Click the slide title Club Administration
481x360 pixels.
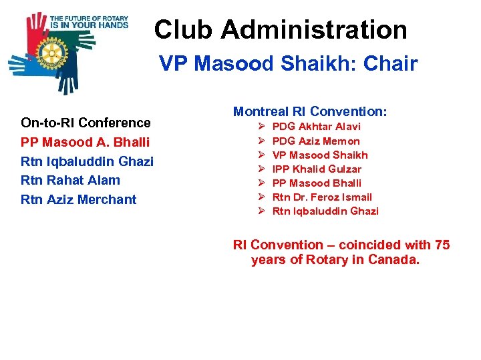(x=281, y=30)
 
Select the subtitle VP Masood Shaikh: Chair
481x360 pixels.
(x=288, y=64)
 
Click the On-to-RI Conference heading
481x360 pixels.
(x=86, y=123)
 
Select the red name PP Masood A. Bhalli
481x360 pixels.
(x=86, y=142)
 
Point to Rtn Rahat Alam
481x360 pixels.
(x=71, y=180)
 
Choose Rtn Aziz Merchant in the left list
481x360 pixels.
(x=79, y=199)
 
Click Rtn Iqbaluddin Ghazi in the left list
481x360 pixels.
(x=88, y=161)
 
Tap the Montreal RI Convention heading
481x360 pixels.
(x=310, y=111)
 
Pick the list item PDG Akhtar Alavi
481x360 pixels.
(x=317, y=127)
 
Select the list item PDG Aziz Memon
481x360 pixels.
(x=316, y=141)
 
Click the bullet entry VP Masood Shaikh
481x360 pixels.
(x=320, y=155)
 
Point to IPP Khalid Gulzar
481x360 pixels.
(x=317, y=169)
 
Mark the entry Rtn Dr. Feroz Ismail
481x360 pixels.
(x=322, y=197)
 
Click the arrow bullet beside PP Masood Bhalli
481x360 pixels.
(x=261, y=183)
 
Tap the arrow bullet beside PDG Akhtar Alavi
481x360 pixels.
(x=261, y=127)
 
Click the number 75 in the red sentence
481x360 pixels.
(x=442, y=245)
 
